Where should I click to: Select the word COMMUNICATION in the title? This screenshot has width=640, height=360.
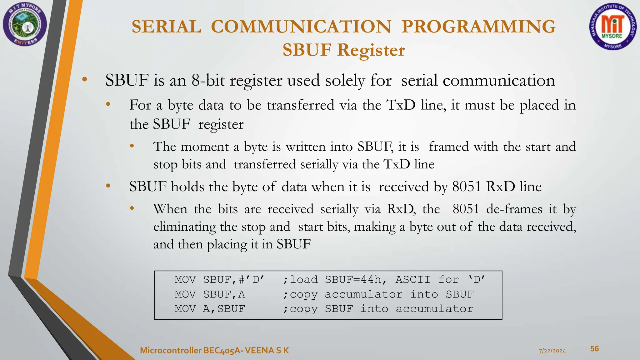pos(301,27)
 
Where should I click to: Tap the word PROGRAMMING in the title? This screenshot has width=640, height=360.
pos(478,27)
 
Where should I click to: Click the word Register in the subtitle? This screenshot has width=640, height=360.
pos(371,50)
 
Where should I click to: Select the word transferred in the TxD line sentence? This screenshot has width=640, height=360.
pos(300,105)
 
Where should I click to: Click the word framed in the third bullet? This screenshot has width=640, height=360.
pos(449,147)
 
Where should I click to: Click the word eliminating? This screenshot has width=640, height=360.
pos(184,227)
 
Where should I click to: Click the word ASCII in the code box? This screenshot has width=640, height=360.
pos(413,279)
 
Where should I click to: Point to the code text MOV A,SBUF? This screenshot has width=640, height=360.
pos(210,309)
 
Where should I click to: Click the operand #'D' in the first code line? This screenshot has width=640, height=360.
pos(252,279)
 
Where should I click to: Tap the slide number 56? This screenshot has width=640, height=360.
pos(594,349)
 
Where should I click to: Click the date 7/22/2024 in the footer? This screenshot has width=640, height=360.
pos(552,351)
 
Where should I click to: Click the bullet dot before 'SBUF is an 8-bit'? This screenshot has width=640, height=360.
pos(84,80)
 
